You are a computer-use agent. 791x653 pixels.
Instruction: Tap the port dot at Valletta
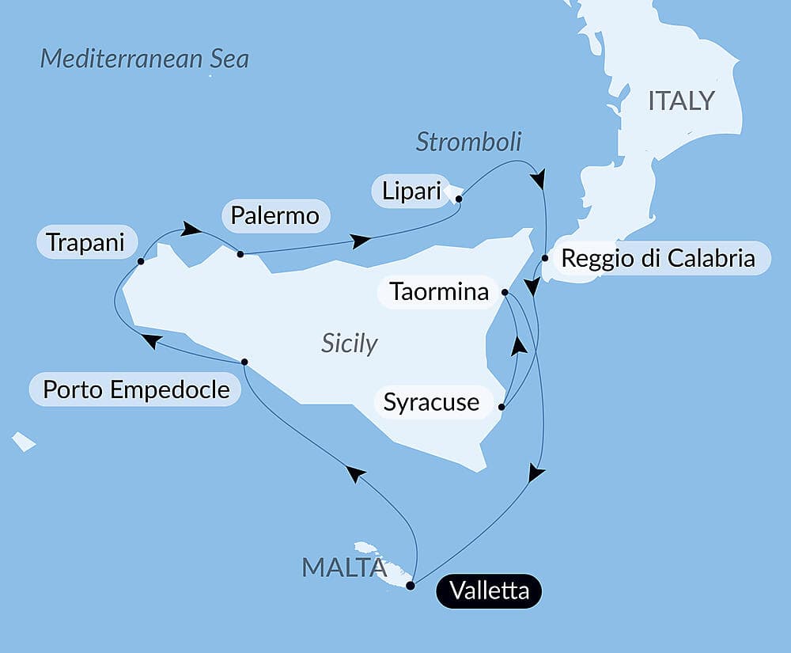pos(410,586)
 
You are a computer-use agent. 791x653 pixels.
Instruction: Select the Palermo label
pos(276,215)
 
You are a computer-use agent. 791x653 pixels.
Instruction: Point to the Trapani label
pos(85,242)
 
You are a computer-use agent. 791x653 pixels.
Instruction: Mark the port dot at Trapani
pos(140,261)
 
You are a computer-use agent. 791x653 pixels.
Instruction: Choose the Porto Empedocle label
pos(135,390)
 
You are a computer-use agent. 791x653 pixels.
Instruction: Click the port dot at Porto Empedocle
pos(244,362)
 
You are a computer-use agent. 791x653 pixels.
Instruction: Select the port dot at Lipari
pos(459,199)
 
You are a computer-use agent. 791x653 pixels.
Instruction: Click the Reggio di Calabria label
pos(657,258)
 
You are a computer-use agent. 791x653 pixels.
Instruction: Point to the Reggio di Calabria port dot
pos(545,258)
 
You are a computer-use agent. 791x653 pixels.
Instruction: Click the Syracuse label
pos(431,402)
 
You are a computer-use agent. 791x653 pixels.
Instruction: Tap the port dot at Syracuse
pos(501,408)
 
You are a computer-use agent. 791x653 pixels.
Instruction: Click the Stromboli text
pos(468,142)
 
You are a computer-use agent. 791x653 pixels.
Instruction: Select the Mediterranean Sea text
pos(144,59)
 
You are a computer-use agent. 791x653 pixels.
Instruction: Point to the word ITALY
pos(680,101)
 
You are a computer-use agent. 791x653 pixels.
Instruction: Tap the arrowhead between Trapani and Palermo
pos(191,229)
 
